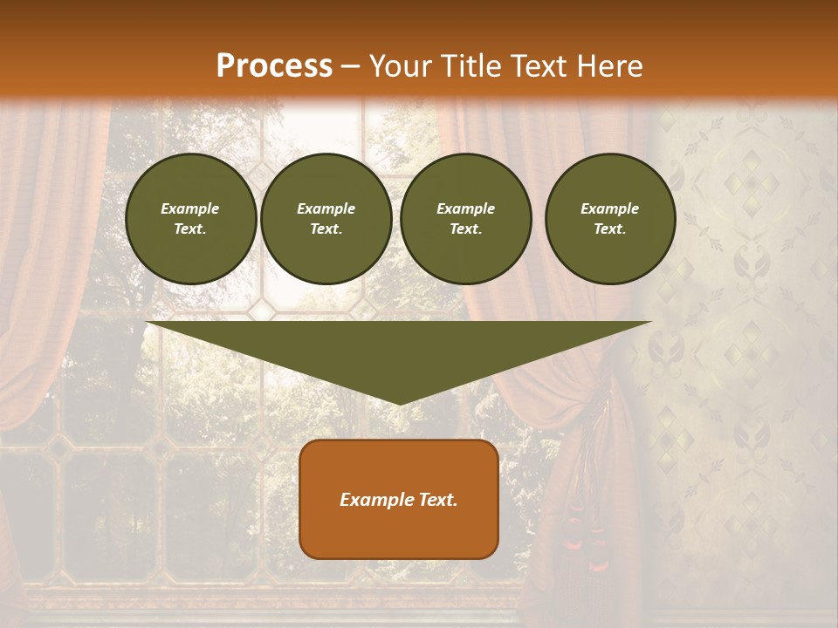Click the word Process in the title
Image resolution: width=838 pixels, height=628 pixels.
coord(274,66)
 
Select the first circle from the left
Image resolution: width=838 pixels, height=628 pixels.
coord(191,219)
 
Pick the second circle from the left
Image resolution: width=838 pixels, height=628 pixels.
coord(326,219)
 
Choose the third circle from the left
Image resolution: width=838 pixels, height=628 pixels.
coord(466,219)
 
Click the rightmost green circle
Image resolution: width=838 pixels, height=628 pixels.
coord(610,219)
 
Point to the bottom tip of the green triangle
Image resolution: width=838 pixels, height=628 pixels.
coord(400,404)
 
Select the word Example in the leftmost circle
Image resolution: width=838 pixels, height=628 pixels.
coord(190,208)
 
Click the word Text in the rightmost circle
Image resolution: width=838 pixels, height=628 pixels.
coord(609,229)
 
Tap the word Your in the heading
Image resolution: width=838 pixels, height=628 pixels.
coord(397,66)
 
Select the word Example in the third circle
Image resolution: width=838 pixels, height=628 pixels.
coord(465,208)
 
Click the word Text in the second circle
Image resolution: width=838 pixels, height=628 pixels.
coord(326,229)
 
